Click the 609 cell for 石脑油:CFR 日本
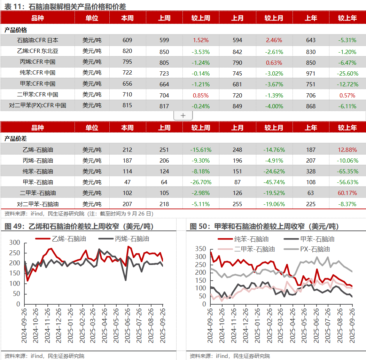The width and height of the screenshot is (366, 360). click(x=127, y=40)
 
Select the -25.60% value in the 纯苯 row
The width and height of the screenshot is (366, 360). click(x=347, y=73)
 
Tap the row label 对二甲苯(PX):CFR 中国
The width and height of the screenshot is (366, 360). click(x=38, y=105)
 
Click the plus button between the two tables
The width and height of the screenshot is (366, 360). click(x=183, y=116)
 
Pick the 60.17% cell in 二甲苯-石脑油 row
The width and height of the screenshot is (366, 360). click(x=347, y=193)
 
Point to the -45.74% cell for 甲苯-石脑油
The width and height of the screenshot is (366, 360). click(x=274, y=182)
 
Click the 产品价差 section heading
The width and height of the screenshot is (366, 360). click(x=16, y=139)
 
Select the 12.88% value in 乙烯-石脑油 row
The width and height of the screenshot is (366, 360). click(x=347, y=150)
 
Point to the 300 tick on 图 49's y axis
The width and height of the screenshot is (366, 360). click(x=15, y=243)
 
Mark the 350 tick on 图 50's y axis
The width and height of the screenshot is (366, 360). click(x=201, y=249)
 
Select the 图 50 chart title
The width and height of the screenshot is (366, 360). click(x=264, y=227)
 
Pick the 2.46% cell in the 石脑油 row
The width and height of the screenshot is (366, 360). click(x=274, y=40)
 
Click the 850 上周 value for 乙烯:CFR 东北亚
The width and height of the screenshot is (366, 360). click(x=164, y=52)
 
